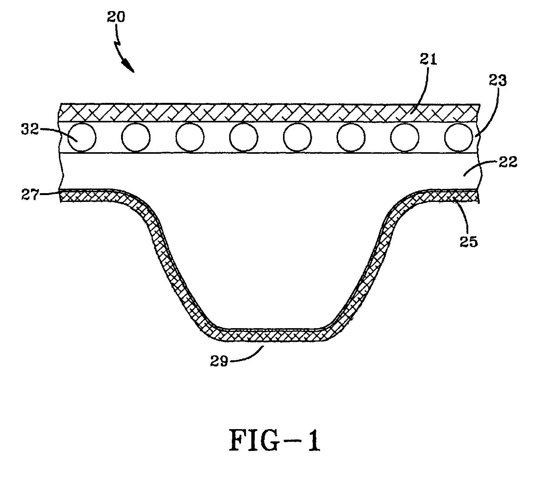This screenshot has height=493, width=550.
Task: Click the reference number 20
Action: tap(116, 17)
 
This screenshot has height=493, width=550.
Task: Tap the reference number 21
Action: tap(429, 59)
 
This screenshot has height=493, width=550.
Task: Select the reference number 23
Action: tap(498, 81)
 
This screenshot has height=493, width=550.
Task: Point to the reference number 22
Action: tap(508, 162)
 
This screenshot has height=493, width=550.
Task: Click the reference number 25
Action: tap(469, 241)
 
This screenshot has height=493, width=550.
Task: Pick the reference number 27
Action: tap(31, 195)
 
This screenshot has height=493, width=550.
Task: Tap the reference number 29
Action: tap(219, 362)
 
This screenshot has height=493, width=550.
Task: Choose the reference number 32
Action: tap(30, 130)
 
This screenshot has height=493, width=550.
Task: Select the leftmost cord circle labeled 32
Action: tap(82, 137)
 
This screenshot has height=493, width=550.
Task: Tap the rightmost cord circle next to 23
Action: tap(458, 137)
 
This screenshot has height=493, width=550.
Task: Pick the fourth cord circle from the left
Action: tap(244, 137)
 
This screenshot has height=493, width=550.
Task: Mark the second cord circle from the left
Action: tap(136, 137)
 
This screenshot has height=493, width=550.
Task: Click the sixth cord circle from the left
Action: tap(351, 137)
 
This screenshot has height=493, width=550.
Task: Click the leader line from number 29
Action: tap(247, 356)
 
